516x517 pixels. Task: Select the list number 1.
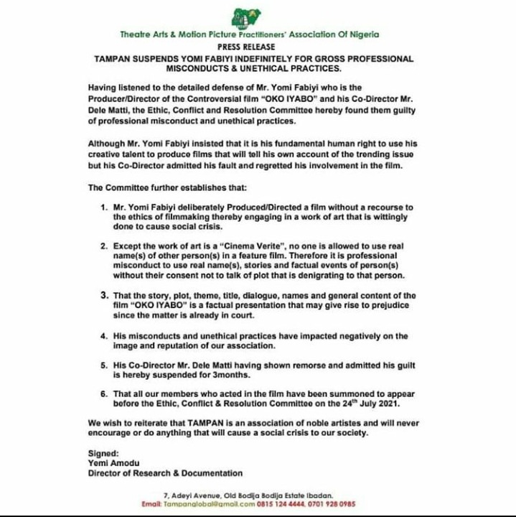[x=104, y=207]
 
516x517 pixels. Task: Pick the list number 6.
[x=104, y=394]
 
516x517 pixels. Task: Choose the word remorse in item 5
[x=294, y=364]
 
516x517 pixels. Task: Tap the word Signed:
[x=103, y=454]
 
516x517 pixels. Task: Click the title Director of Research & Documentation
[x=165, y=473]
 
